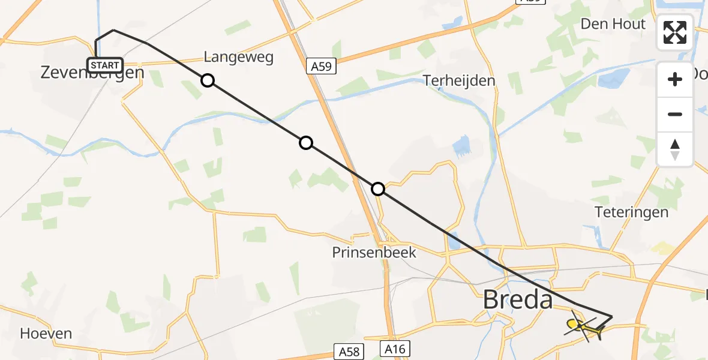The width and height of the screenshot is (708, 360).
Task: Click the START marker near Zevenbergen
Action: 106,65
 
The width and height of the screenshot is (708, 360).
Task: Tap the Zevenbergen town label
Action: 92,73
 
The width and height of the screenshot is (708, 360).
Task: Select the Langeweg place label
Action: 238,57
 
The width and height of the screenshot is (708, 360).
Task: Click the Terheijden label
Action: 459,80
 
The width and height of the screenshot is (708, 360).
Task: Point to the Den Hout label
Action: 613,24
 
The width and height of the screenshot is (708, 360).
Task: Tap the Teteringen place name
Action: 631,212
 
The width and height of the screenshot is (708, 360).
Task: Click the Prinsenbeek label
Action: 374,253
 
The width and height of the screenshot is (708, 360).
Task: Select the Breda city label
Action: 518,299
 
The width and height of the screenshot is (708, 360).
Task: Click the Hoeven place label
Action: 46,334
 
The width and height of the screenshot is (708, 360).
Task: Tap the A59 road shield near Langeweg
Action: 322,67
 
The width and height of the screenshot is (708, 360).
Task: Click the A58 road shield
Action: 349,351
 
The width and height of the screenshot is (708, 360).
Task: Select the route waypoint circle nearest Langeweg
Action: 207,80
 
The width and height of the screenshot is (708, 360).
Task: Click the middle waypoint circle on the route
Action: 306,143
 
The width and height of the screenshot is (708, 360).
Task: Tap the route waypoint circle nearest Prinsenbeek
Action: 378,189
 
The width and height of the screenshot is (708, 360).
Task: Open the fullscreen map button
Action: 675,32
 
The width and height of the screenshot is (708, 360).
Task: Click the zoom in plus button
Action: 675,79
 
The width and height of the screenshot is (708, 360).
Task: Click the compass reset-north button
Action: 675,149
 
